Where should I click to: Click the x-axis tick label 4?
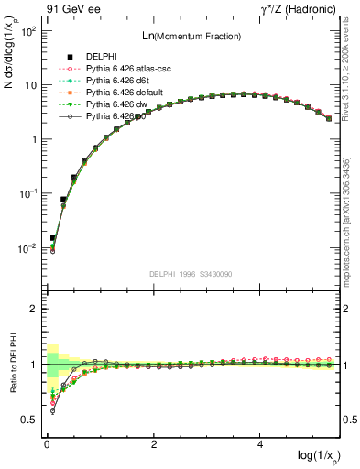pyautogui.click(x=261, y=443)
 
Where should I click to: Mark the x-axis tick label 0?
pyautogui.click(x=47, y=443)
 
